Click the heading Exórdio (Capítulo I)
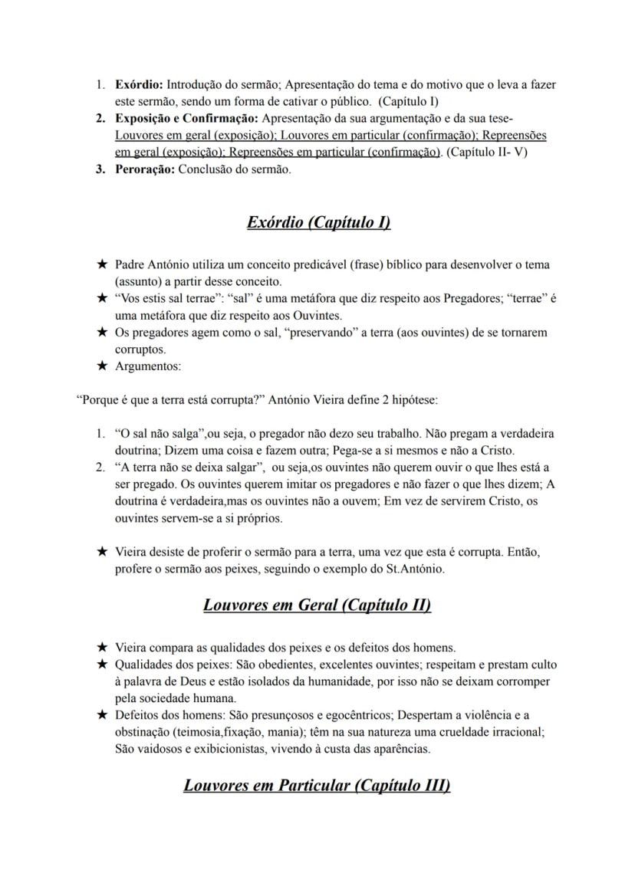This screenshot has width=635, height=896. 317,223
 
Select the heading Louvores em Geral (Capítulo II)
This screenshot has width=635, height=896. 317,605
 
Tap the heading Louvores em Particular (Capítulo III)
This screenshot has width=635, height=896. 317,786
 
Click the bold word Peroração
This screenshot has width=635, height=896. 144,169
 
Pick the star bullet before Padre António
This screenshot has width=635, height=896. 102,264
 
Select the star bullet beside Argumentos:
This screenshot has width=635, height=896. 102,366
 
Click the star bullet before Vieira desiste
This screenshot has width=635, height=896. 102,551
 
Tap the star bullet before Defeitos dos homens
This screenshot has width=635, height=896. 102,715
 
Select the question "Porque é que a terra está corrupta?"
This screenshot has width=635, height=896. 176,399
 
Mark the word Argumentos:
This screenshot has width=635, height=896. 148,366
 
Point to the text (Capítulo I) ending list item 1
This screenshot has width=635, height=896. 410,100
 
